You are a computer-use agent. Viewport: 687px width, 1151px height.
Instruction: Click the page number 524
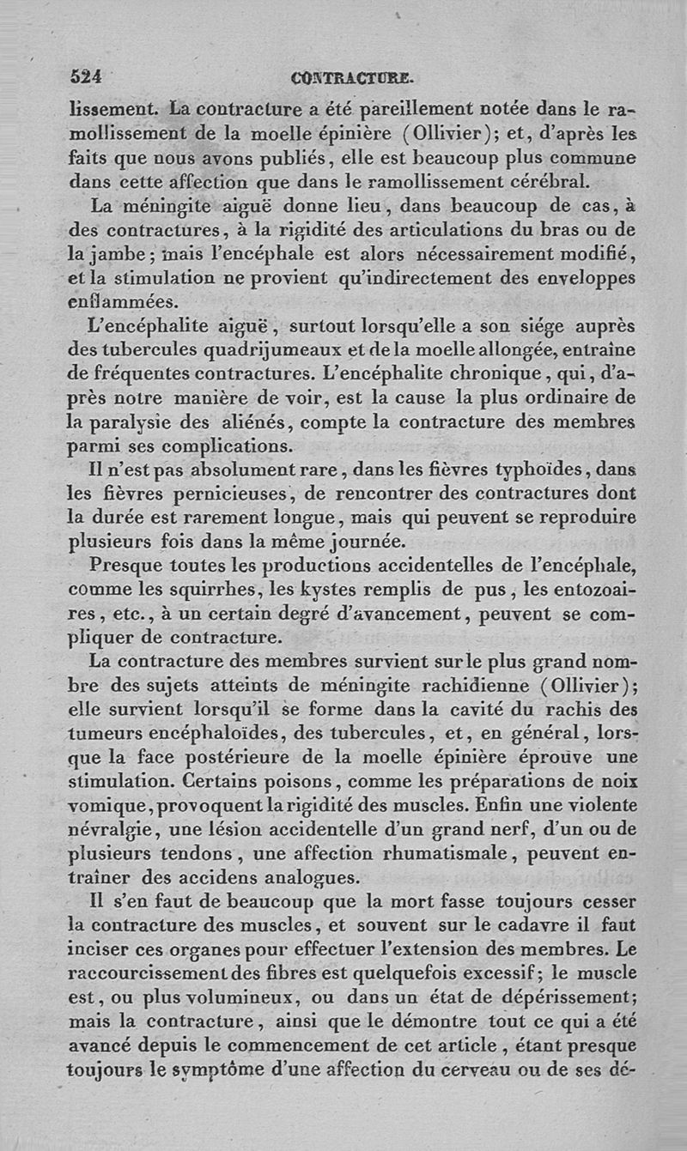click(85, 76)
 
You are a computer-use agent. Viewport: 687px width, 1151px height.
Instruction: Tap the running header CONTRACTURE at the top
click(352, 78)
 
